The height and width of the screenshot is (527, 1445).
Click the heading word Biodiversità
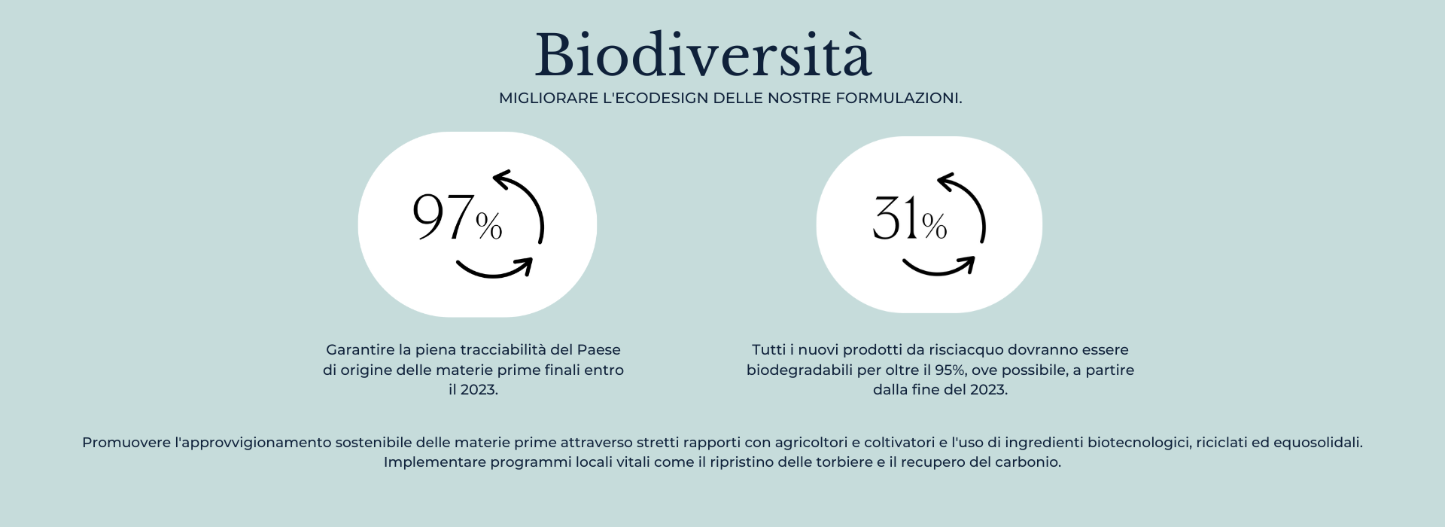click(703, 56)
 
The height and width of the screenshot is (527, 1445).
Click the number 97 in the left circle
click(443, 218)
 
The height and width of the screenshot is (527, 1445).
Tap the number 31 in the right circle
click(896, 219)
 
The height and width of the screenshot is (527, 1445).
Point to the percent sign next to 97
click(489, 226)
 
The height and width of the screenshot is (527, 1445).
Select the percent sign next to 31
click(934, 226)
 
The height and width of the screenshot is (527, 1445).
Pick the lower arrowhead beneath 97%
click(525, 265)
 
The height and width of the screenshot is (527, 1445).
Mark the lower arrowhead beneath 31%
click(969, 263)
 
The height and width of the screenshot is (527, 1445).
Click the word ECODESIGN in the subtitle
click(662, 99)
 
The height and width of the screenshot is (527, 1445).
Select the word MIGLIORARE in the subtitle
click(548, 99)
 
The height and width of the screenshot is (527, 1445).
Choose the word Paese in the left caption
click(599, 350)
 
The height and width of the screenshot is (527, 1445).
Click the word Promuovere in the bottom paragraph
click(126, 443)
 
